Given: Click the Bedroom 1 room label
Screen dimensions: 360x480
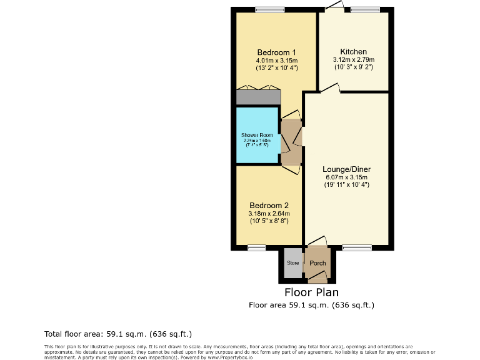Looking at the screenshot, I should click(276, 52).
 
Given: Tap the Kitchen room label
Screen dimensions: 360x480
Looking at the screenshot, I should click(353, 52).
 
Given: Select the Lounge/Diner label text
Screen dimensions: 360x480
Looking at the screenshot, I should click(346, 169).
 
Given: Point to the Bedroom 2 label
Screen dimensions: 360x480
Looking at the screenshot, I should click(269, 206).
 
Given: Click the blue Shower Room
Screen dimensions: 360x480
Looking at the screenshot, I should click(257, 135).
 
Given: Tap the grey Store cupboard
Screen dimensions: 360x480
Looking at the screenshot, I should click(292, 263).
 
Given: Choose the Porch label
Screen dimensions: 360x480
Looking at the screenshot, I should click(317, 263).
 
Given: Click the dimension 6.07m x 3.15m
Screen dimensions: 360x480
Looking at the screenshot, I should click(346, 177).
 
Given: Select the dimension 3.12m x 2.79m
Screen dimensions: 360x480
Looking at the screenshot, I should click(353, 60).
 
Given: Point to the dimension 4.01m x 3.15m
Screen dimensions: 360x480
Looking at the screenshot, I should click(276, 61).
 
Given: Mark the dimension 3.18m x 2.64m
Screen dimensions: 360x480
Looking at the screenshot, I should click(269, 214).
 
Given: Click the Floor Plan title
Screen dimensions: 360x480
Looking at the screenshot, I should click(311, 292).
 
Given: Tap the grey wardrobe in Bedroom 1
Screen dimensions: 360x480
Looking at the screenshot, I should click(258, 97).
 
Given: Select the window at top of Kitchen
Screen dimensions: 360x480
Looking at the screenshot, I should click(364, 9).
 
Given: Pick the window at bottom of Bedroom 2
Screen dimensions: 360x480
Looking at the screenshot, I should click(256, 247).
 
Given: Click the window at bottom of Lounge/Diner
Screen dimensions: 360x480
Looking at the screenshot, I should click(357, 247).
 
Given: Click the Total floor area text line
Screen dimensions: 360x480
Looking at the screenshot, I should click(118, 334).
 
